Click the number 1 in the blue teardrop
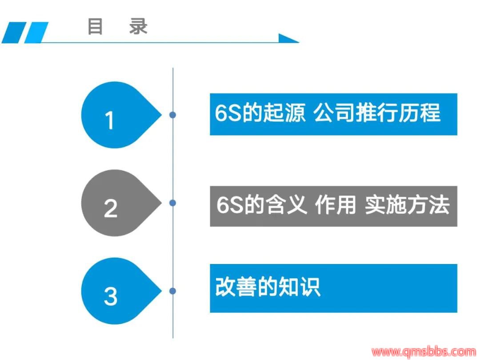pyautogui.click(x=110, y=120)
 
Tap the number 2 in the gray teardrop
pyautogui.click(x=111, y=208)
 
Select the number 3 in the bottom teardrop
pyautogui.click(x=111, y=296)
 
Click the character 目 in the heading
pyautogui.click(x=95, y=27)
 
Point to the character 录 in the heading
pyautogui.click(x=138, y=27)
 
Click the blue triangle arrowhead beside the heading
pyautogui.click(x=288, y=38)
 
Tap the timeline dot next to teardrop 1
pyautogui.click(x=172, y=115)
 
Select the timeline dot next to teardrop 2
pyautogui.click(x=172, y=203)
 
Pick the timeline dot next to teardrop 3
pyautogui.click(x=172, y=291)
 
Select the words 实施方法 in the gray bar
pyautogui.click(x=407, y=205)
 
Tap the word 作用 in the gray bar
pyautogui.click(x=335, y=205)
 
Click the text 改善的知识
pyautogui.click(x=268, y=287)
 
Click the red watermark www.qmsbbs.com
pyautogui.click(x=424, y=352)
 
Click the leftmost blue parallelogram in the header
pyautogui.click(x=14, y=32)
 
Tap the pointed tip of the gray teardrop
pyautogui.click(x=162, y=203)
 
